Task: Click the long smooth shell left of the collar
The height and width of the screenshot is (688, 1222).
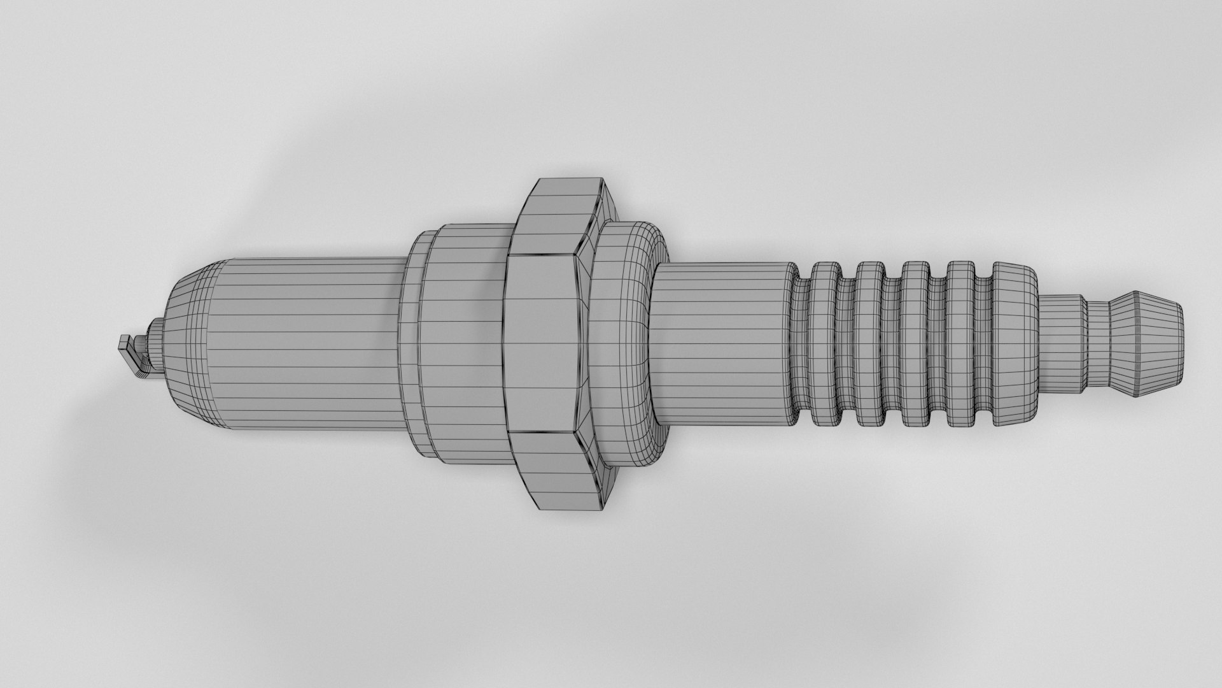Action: [x=305, y=344]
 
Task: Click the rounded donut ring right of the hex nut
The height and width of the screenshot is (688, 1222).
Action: [x=627, y=344]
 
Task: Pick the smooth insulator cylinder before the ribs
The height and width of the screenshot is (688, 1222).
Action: [x=722, y=344]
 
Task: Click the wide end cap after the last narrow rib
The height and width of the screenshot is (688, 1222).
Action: [x=1015, y=344]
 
